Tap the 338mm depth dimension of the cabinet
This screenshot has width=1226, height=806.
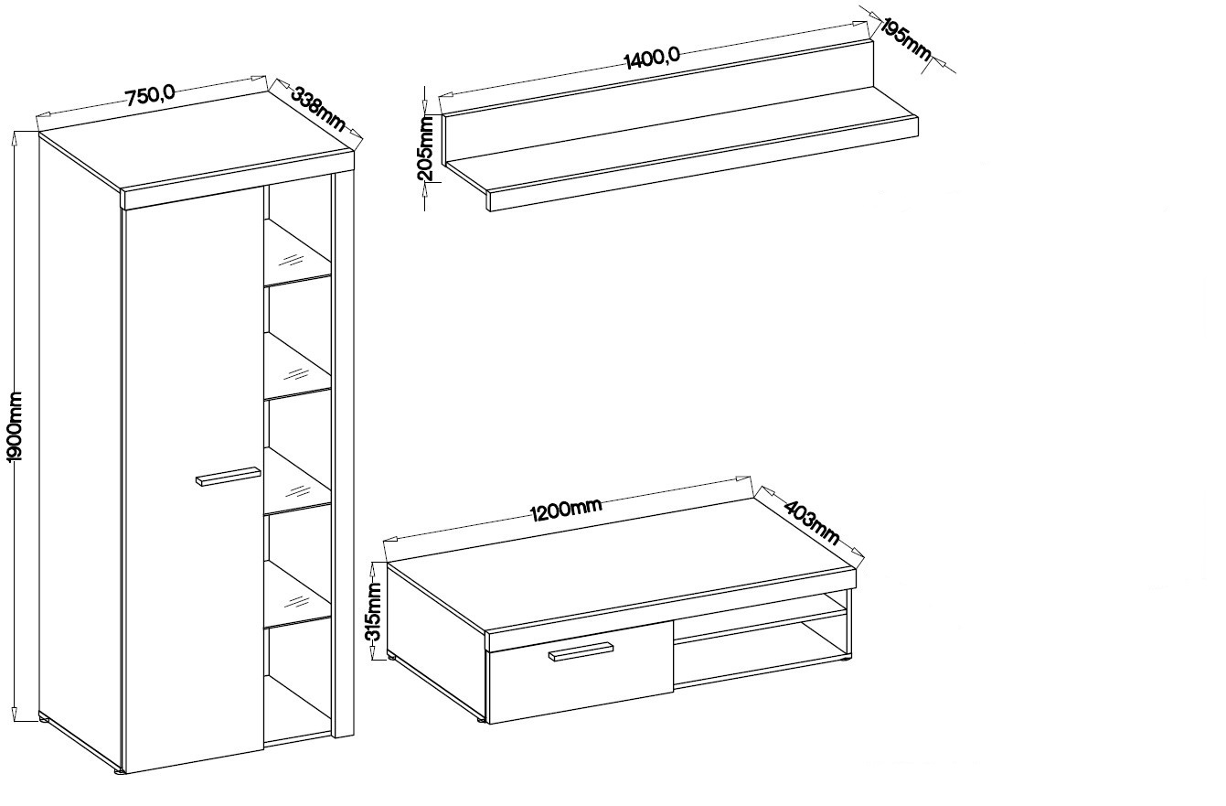pyautogui.click(x=318, y=110)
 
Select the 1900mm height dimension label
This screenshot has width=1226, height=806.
pyautogui.click(x=15, y=426)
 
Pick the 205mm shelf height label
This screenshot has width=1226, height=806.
pyautogui.click(x=426, y=148)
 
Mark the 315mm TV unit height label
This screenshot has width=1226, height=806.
pyautogui.click(x=374, y=612)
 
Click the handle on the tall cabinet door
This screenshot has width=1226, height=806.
pyautogui.click(x=229, y=476)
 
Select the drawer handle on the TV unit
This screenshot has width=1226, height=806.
pyautogui.click(x=581, y=651)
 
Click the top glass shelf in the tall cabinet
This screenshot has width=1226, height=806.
pyautogui.click(x=298, y=253)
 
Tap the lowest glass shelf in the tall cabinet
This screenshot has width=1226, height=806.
pyautogui.click(x=298, y=593)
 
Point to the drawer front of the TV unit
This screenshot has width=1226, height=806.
pyautogui.click(x=581, y=672)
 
